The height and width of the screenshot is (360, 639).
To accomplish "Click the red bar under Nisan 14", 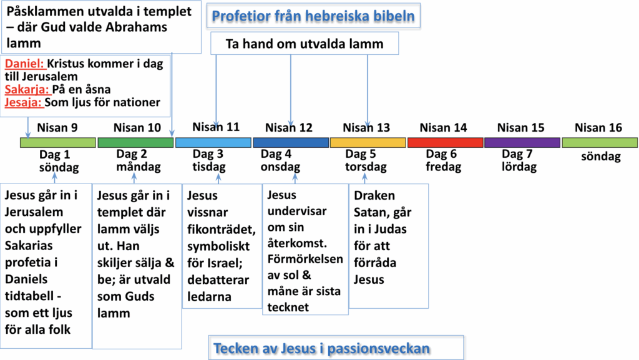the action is click(446, 142).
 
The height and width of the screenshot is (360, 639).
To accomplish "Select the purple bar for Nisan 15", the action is click(522, 142).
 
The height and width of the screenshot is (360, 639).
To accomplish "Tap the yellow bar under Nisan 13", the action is click(368, 142).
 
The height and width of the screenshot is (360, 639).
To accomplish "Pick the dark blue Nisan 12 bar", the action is click(291, 142).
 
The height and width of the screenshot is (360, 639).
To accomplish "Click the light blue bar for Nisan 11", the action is click(213, 142).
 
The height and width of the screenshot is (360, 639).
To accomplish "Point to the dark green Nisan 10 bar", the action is click(135, 142).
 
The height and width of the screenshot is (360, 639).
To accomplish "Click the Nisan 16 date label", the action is click(598, 128).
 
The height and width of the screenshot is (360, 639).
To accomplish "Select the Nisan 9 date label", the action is click(57, 128).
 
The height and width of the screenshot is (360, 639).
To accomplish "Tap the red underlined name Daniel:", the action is click(24, 64).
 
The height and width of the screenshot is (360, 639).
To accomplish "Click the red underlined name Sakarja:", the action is click(27, 89).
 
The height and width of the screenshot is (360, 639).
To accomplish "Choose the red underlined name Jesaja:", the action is click(24, 102).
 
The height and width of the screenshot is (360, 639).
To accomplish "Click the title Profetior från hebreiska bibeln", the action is click(313, 16).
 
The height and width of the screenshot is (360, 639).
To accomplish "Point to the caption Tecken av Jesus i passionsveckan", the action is click(321, 348).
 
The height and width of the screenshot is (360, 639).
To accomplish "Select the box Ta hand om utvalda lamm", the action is click(305, 44).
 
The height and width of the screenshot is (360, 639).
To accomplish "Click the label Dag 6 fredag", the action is click(444, 160).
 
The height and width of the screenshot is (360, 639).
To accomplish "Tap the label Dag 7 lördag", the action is click(519, 160).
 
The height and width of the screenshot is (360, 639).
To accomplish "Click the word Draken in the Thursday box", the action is click(374, 195).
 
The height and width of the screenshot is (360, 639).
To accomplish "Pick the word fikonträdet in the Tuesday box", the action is click(222, 229).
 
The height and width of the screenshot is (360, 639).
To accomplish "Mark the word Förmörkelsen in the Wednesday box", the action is click(305, 259).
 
